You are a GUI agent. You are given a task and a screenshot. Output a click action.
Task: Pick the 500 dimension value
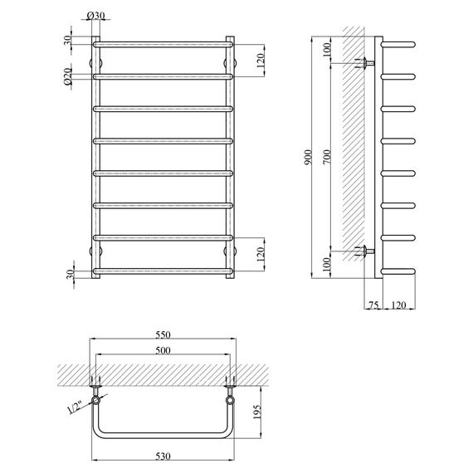point(162,350)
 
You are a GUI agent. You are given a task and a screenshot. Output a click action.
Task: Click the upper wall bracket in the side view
point(366,63)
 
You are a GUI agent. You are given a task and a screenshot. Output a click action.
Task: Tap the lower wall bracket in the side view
point(366,251)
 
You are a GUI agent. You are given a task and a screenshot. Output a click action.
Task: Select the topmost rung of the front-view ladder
point(162,44)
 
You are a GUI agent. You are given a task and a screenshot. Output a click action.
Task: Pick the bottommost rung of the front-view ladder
point(162,271)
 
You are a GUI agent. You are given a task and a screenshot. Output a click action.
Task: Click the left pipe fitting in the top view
point(97,391)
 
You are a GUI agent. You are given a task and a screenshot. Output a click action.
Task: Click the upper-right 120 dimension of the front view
point(261,60)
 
